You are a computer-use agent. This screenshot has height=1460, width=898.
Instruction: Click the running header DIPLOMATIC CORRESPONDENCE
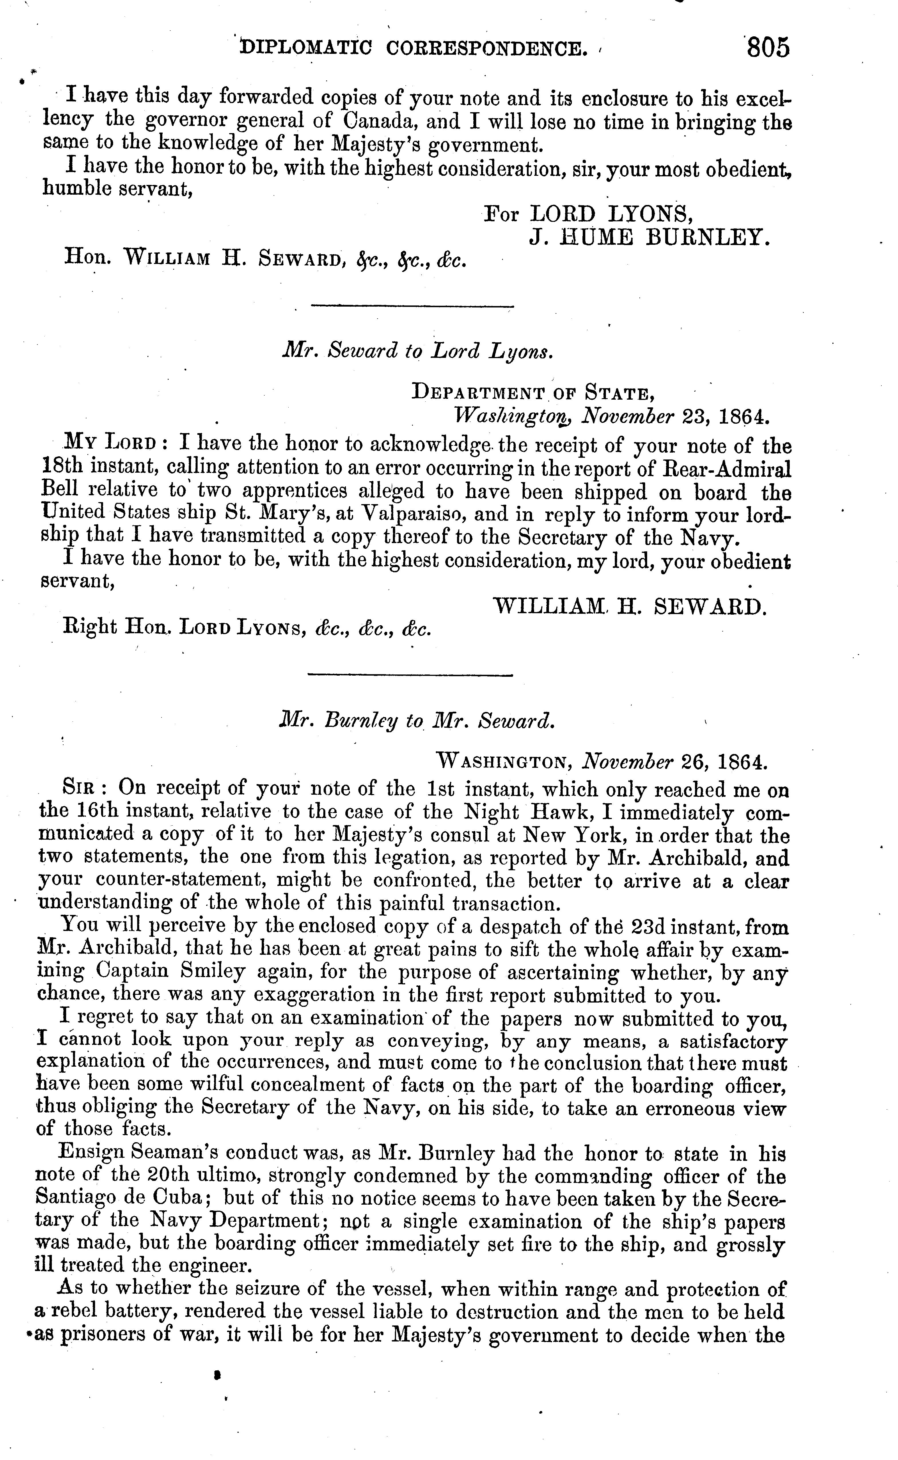coord(411,48)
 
